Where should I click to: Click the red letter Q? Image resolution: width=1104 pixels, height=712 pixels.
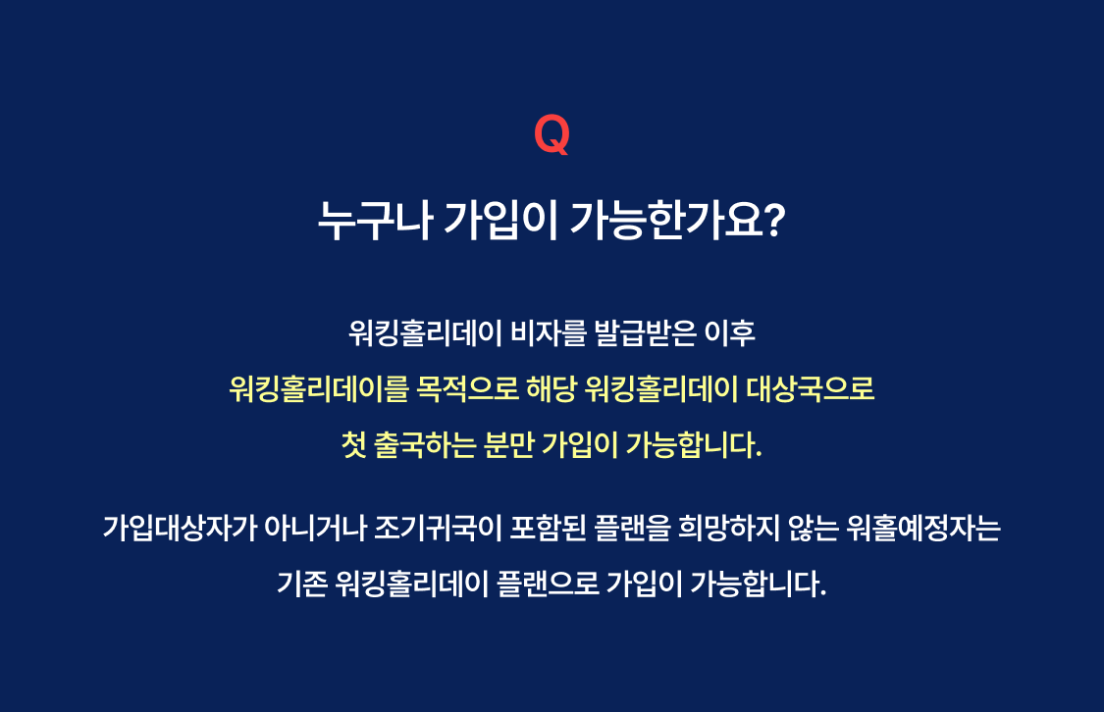tap(552, 134)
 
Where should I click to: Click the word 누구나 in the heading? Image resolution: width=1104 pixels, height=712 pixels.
tap(375, 221)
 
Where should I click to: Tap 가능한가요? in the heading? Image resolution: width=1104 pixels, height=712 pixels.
tap(676, 221)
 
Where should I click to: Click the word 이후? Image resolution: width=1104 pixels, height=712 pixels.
tap(730, 332)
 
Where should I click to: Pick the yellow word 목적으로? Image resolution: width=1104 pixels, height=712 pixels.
tap(467, 388)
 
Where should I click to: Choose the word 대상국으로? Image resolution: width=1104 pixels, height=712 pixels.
tap(811, 388)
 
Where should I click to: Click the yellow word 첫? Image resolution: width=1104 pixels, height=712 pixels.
tap(353, 444)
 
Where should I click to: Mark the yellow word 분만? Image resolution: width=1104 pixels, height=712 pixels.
tap(508, 444)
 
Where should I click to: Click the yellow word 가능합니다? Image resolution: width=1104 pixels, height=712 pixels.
tap(694, 444)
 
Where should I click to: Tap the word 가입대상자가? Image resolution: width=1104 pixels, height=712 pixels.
tap(181, 528)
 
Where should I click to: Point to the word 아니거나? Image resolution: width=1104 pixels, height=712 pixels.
tap(315, 528)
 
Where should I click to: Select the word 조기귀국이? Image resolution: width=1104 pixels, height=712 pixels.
tap(438, 528)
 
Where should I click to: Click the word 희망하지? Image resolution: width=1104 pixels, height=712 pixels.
tap(729, 528)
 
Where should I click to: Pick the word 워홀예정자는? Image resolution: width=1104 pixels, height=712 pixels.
tap(923, 528)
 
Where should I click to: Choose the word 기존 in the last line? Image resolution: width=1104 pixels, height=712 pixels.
tap(302, 584)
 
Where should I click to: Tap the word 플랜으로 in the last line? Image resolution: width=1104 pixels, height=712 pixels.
tap(548, 584)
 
